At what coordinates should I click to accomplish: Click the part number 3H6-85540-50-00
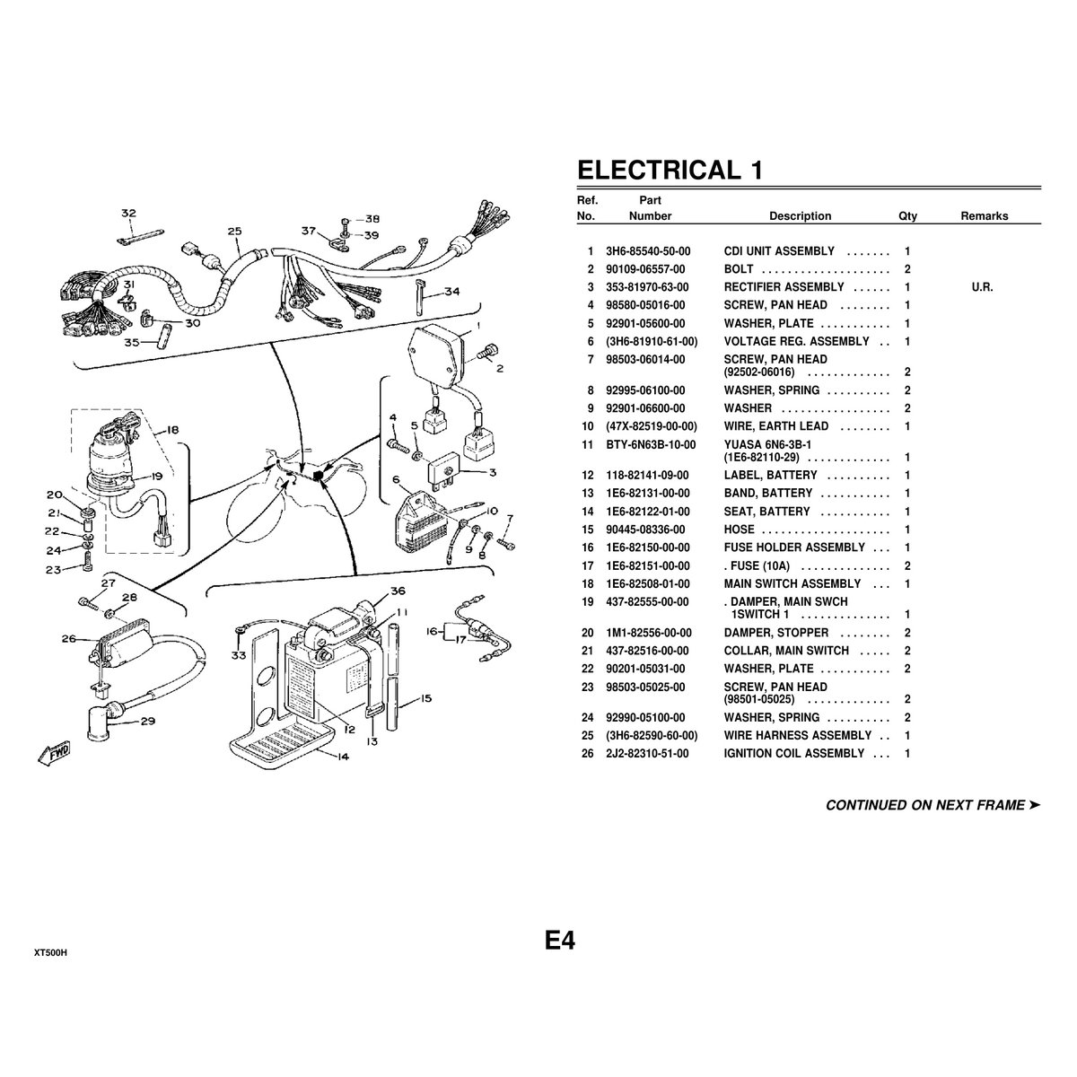pyautogui.click(x=647, y=251)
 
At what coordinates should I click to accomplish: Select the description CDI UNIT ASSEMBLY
pyautogui.click(x=779, y=251)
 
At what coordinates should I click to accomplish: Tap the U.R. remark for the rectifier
pyautogui.click(x=982, y=287)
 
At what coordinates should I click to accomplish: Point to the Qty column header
pyautogui.click(x=907, y=216)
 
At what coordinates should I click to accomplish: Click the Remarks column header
pyautogui.click(x=984, y=216)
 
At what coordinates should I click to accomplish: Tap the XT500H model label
pyautogui.click(x=50, y=953)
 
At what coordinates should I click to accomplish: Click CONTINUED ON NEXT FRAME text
pyautogui.click(x=932, y=805)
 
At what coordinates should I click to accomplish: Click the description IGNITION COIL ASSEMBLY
pyautogui.click(x=793, y=754)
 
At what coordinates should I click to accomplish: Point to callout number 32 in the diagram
pyautogui.click(x=129, y=214)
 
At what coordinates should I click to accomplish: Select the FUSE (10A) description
pyautogui.click(x=762, y=565)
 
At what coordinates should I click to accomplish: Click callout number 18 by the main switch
pyautogui.click(x=171, y=431)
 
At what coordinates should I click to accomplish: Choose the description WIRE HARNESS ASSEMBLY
pyautogui.click(x=797, y=736)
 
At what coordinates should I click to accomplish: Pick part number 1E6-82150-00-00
pyautogui.click(x=647, y=547)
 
